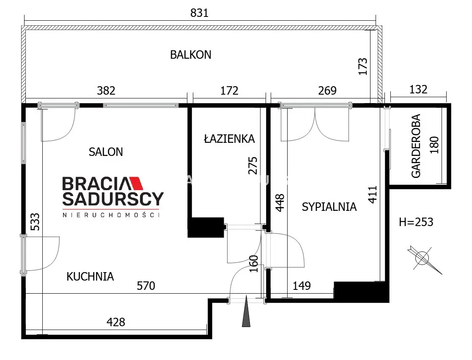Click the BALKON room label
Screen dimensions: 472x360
coord(191,55)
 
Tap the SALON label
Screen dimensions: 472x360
coord(106,152)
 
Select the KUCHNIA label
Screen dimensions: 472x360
coord(90,276)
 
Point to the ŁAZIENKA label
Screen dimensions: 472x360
coord(229,139)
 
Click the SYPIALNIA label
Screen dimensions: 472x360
coord(329,207)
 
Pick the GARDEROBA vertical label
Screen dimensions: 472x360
coord(416,146)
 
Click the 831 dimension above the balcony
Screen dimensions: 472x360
coord(199,13)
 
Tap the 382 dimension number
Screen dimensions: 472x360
coord(106,90)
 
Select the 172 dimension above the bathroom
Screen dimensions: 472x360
coord(229,90)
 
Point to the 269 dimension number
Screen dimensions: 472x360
coord(327,90)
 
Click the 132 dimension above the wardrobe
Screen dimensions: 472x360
coord(418,89)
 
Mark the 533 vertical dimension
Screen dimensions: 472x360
coord(35,222)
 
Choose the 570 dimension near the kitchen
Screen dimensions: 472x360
coord(146,286)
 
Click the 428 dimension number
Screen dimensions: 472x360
coord(116,322)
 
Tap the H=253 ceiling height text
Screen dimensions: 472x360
coord(416,222)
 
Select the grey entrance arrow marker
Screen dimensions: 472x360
coord(246,311)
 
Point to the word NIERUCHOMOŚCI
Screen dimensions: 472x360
coord(111,215)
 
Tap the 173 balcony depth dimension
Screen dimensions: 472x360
coord(363,66)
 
